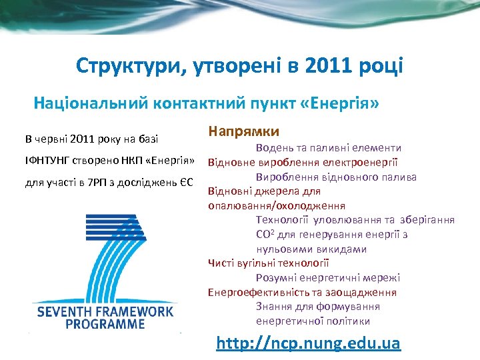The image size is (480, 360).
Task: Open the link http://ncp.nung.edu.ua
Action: pos(309,343)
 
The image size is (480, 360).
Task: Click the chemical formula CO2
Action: pos(265,235)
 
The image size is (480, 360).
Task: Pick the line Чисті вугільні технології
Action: pos(269,263)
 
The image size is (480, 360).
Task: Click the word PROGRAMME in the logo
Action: pos(105,324)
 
